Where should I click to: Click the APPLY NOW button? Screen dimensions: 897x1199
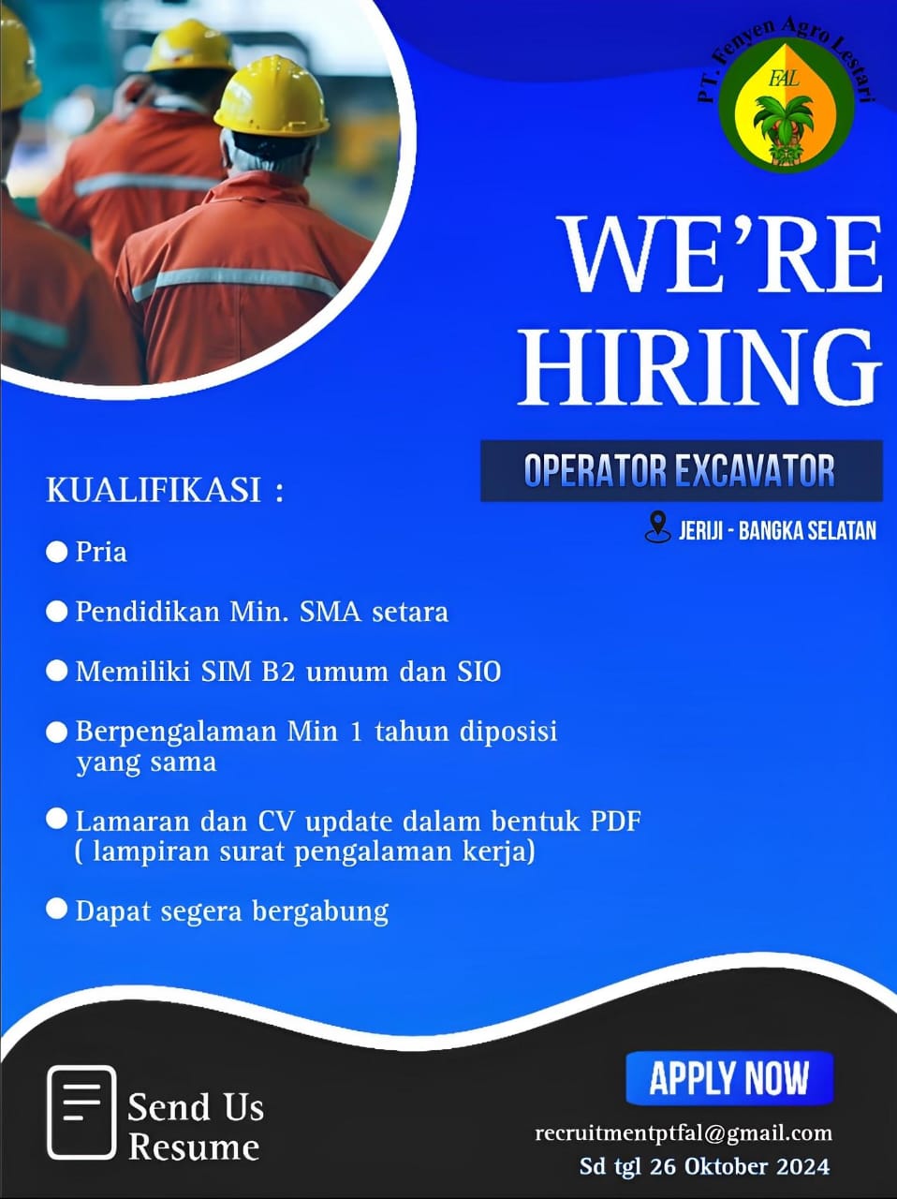[729, 1078]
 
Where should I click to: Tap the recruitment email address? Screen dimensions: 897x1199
[684, 1133]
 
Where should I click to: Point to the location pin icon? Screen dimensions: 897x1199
[658, 527]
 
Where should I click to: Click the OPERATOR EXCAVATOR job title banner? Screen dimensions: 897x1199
[682, 471]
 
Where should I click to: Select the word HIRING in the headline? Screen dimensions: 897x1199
[699, 367]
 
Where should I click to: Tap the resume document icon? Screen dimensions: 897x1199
[81, 1113]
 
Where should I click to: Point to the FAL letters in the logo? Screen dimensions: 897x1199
[784, 80]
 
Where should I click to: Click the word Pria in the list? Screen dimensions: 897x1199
[101, 552]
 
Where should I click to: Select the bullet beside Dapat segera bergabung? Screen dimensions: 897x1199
[57, 910]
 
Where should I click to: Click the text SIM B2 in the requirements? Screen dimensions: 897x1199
[248, 672]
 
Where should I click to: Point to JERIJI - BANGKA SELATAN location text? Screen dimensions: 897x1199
[777, 530]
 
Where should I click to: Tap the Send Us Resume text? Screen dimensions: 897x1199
[196, 1126]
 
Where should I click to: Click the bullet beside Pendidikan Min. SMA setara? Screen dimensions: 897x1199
[57, 612]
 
